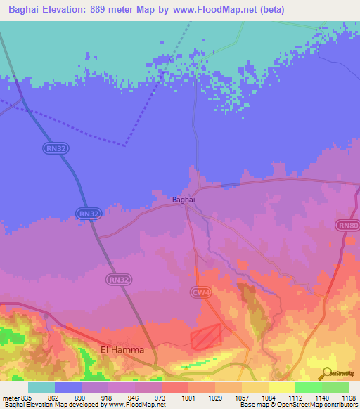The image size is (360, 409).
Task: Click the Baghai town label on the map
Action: [184, 200]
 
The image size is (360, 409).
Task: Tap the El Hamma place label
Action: [122, 349]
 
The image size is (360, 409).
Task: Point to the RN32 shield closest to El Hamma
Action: [117, 279]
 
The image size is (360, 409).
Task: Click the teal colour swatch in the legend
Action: [41, 387]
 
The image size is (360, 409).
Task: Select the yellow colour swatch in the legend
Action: [282, 387]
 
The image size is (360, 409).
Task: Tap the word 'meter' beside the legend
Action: [11, 398]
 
